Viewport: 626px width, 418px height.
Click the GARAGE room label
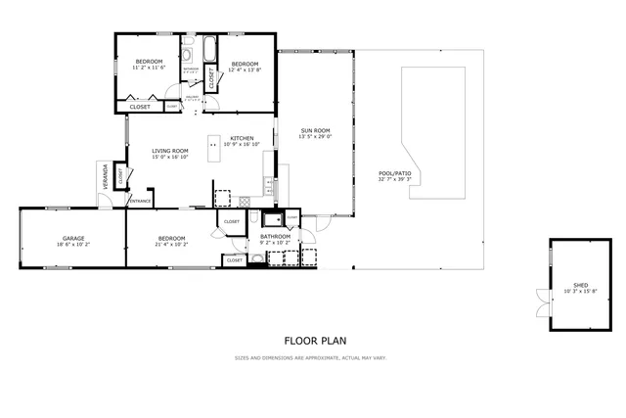pyautogui.click(x=73, y=238)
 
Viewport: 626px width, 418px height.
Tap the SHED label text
pyautogui.click(x=581, y=286)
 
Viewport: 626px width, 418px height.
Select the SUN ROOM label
pyautogui.click(x=315, y=130)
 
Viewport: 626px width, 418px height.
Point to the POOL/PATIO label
pyautogui.click(x=395, y=173)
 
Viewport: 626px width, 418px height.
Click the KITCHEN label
pyautogui.click(x=242, y=138)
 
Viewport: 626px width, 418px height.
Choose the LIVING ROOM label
pyautogui.click(x=168, y=151)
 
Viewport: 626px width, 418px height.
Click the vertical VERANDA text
pyautogui.click(x=107, y=181)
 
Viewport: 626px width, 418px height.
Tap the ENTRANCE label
pyautogui.click(x=141, y=201)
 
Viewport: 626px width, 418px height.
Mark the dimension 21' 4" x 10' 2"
pyautogui.click(x=172, y=244)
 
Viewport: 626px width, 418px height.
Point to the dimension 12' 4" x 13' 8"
pyautogui.click(x=244, y=69)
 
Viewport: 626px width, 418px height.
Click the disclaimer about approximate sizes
pyautogui.click(x=311, y=357)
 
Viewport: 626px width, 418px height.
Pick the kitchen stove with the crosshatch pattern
pyautogui.click(x=245, y=200)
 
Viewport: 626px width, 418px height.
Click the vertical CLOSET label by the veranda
pyautogui.click(x=120, y=177)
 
